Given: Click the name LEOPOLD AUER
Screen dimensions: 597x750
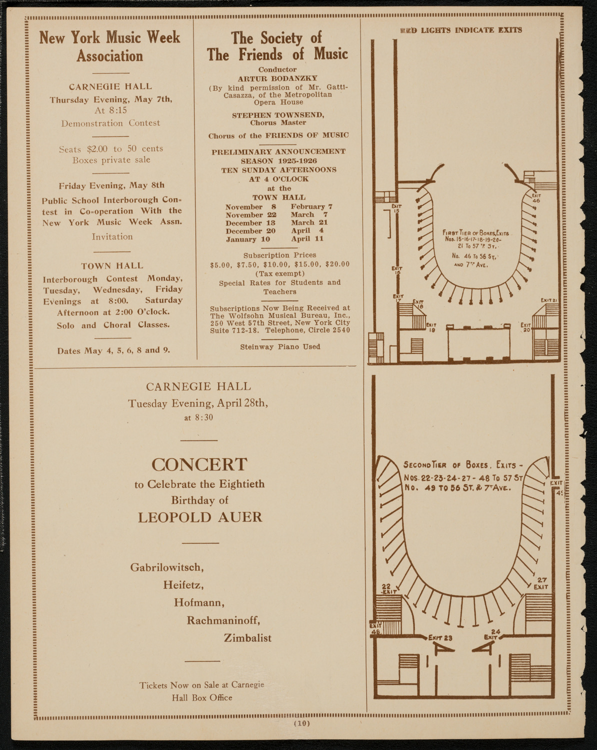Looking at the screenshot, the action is (x=200, y=517).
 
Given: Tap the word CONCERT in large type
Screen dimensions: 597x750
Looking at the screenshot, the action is (x=199, y=464).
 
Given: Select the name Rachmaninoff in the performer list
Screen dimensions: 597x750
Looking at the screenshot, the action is (x=223, y=620).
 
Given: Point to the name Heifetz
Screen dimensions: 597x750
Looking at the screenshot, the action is (x=183, y=585).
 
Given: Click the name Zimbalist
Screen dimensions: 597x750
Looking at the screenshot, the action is (x=247, y=638).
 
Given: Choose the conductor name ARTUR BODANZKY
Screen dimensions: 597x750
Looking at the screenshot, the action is (x=278, y=78).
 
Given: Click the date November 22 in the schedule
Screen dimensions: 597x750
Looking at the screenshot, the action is (x=251, y=214).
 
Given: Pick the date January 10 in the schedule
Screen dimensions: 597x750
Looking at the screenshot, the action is (x=248, y=239).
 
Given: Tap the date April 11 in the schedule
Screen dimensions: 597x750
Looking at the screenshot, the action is (x=307, y=238).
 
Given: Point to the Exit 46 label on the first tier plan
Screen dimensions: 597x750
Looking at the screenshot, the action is (x=536, y=198).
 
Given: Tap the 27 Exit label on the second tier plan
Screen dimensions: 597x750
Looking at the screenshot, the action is (x=541, y=583).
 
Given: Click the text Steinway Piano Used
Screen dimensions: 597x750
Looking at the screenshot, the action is (x=280, y=346).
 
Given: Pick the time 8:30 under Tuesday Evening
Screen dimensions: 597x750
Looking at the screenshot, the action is (x=203, y=417).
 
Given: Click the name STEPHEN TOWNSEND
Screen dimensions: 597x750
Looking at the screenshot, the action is (x=278, y=115).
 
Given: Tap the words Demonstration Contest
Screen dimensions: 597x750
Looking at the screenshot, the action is (x=110, y=123).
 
